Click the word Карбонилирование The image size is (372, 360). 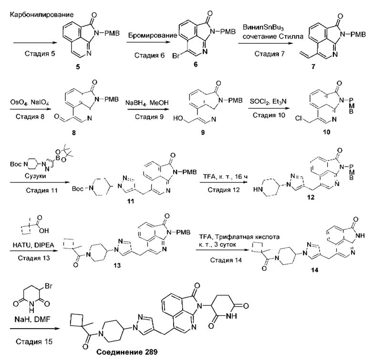pos(42,15)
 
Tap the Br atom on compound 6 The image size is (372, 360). pos(176,56)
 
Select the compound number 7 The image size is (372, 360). pos(313,67)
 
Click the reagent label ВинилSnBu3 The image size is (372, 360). pos(263,28)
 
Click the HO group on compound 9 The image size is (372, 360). pos(178,118)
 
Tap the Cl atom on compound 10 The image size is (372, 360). pos(299,118)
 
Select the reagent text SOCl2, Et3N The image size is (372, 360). pos(268,102)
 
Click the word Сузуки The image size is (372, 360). pos(35,176)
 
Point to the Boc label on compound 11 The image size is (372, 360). pos(78,188)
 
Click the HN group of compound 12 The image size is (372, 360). pos(258,189)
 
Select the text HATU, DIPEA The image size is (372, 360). pos(33,245)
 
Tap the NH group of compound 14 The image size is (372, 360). pos(360,236)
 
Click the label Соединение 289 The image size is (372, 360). pos(127,352)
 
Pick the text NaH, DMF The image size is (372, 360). pos(32,319)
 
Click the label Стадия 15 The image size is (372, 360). pos(34,341)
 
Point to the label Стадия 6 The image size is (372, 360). pos(149,55)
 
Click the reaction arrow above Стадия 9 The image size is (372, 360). pos(148,109)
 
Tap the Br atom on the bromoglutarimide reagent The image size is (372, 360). pos(49,286)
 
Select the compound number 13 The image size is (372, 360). pos(117,265)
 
